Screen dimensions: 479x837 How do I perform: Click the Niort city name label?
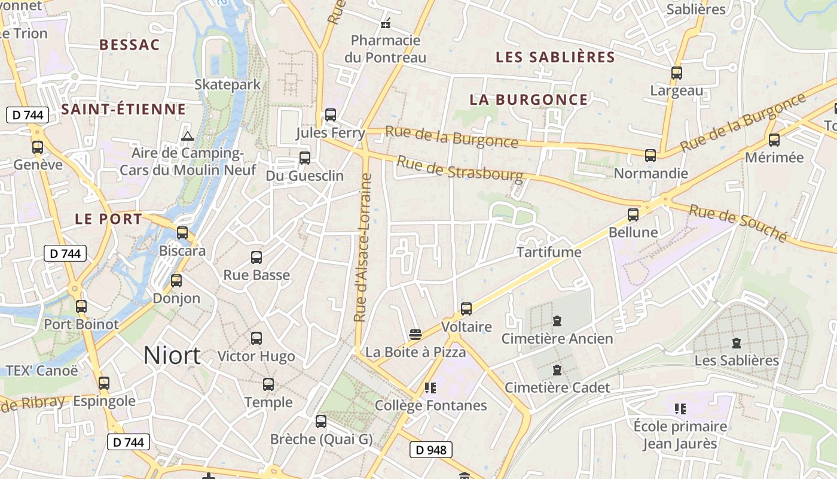coord(172,356)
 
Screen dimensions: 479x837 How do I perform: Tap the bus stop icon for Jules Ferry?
coord(331,115)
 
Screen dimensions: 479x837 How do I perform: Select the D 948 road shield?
coord(431,450)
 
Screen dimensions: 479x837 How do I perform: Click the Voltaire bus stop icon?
coord(466,309)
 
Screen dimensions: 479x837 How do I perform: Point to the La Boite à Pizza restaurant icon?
coord(416,334)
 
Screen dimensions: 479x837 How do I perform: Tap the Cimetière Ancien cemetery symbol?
coord(557,321)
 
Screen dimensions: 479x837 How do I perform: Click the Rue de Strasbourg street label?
coord(459,169)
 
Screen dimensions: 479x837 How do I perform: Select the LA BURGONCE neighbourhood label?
coord(529,99)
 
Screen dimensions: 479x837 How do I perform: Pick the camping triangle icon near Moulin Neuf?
coord(188,136)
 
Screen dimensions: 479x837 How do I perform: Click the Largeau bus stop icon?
coord(677,73)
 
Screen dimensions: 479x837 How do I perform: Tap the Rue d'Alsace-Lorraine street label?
coord(363,247)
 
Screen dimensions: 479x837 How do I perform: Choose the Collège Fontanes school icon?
coord(430,388)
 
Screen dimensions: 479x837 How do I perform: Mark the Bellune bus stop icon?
coord(633,214)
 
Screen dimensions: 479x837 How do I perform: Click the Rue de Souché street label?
coord(738,223)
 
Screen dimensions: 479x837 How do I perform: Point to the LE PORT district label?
coord(109,219)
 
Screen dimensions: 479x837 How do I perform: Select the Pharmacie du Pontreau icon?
coord(386,24)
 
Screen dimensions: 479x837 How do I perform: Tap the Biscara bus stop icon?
coord(182,233)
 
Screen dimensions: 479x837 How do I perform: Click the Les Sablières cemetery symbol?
coord(737,343)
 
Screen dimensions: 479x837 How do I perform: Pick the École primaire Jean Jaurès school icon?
coord(680,409)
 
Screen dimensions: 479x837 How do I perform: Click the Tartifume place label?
coord(549,252)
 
